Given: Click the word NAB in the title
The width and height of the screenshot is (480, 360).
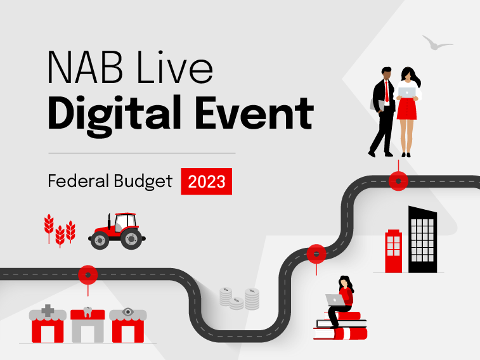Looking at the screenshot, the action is click(85, 67).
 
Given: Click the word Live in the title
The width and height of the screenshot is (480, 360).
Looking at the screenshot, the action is click(175, 67).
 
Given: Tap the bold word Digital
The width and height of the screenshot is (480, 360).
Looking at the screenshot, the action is click(114, 115).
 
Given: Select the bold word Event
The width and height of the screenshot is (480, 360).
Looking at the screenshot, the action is click(255, 113).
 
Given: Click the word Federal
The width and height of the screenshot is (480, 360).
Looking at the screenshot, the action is click(79, 181).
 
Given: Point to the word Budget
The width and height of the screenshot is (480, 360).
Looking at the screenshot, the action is click(143, 181).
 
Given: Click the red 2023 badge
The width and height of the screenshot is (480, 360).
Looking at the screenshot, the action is click(207, 181).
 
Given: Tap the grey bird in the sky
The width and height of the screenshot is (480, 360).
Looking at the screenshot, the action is click(436, 44).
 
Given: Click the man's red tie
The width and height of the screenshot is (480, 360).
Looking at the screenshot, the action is click(387, 92).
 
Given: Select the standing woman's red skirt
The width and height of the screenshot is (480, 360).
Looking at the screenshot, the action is click(407, 108).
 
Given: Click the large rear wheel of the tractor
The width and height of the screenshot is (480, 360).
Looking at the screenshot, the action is click(131, 238).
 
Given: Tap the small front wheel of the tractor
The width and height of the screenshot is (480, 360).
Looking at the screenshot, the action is click(100, 241).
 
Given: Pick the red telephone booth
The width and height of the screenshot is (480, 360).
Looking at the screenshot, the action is click(393, 251).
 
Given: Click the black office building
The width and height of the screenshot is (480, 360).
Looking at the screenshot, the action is click(423, 240).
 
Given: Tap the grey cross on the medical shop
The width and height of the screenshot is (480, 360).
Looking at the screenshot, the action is click(48, 311).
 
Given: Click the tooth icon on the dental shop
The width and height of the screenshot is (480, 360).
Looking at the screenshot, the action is click(88, 311).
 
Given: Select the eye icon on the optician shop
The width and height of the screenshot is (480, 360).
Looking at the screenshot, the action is click(128, 312).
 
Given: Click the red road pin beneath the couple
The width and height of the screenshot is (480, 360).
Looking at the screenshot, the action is click(398, 181).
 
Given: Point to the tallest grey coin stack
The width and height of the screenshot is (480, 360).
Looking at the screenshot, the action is click(252, 299).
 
